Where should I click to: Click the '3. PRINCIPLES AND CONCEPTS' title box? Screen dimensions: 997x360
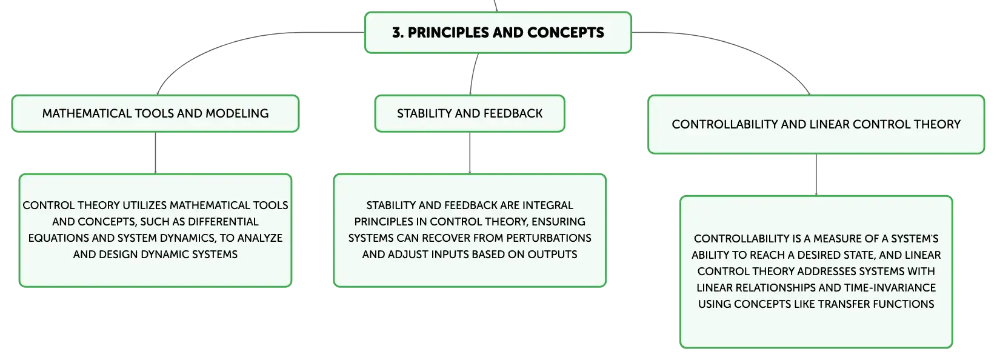point(498,33)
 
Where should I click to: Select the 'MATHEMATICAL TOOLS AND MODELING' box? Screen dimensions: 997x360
point(155,113)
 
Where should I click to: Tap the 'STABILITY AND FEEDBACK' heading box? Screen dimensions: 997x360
point(470,113)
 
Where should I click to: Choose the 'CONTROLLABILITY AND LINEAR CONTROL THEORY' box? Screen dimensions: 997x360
point(816,124)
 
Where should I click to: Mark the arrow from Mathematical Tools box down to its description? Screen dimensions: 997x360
point(155,153)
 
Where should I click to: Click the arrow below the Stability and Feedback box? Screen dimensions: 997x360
point(470,153)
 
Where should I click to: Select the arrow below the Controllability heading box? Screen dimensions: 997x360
point(816,175)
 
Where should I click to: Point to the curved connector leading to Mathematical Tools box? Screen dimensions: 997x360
point(232,42)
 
